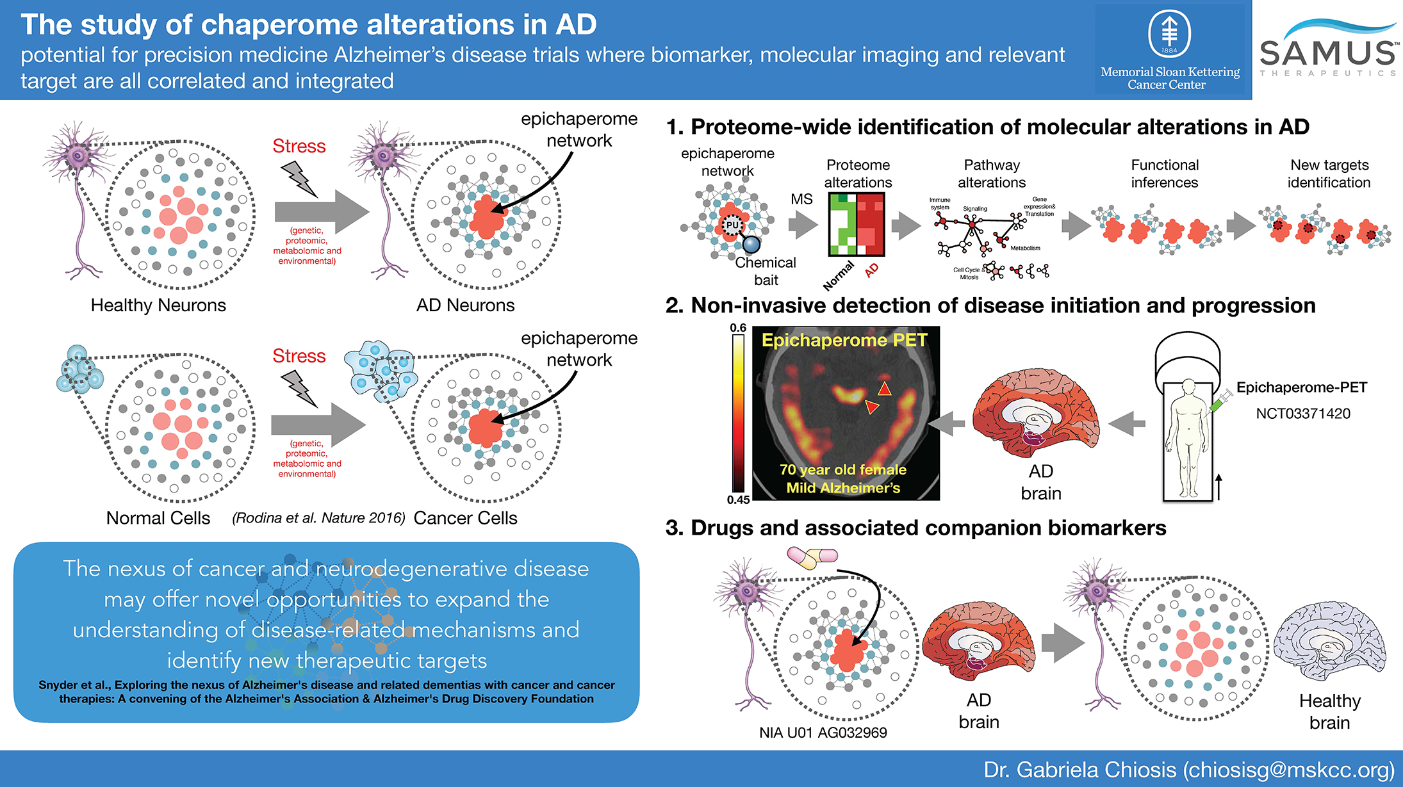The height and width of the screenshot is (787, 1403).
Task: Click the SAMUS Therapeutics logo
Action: click(x=1327, y=50)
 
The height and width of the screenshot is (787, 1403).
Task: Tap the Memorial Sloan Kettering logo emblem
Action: click(x=1169, y=33)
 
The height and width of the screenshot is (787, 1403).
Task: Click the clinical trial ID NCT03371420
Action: click(x=1302, y=414)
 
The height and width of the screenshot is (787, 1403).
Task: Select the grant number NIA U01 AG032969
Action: click(x=823, y=733)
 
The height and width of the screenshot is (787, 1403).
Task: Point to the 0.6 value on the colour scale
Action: click(x=738, y=328)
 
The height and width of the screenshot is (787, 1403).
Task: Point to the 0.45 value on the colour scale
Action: click(x=738, y=499)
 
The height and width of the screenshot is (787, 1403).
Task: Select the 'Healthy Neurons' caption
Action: click(x=158, y=305)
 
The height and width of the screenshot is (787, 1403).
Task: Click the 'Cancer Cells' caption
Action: click(x=465, y=518)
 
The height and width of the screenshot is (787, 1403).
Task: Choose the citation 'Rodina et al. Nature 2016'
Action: click(x=318, y=518)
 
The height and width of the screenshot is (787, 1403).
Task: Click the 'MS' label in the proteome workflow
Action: click(x=801, y=199)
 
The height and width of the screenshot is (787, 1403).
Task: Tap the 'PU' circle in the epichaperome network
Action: click(x=732, y=225)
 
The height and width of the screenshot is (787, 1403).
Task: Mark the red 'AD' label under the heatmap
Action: click(x=871, y=270)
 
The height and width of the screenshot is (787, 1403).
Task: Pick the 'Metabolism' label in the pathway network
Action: click(x=1025, y=248)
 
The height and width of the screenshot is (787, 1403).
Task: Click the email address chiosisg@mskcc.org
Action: click(x=1288, y=770)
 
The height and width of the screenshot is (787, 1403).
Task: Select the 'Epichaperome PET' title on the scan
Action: click(x=844, y=340)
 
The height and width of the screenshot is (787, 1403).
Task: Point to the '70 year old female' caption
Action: click(x=843, y=469)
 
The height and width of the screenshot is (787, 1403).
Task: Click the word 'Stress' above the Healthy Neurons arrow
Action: click(x=299, y=146)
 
